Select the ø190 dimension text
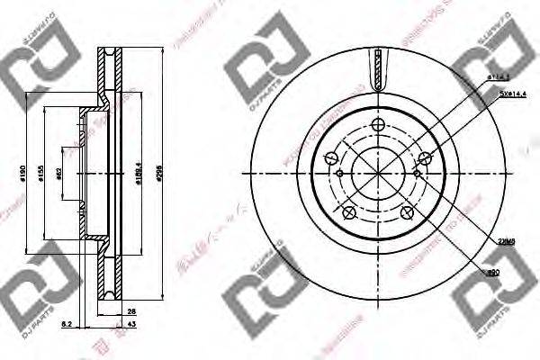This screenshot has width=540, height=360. (21, 173)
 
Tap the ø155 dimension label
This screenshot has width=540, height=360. (41, 173)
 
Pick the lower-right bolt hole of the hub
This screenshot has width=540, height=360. (407, 212)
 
